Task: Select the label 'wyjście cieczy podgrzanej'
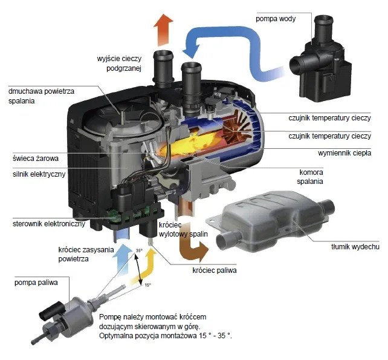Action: tap(120, 63)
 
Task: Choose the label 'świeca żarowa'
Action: tap(33, 159)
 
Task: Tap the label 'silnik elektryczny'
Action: tap(37, 174)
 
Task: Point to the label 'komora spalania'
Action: tap(311, 176)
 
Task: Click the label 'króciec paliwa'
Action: tap(214, 270)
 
